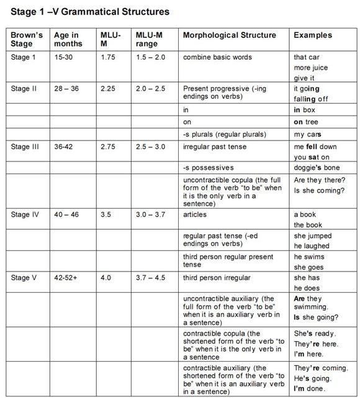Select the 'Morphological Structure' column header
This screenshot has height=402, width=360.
point(229,35)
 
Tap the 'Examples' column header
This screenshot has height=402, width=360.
point(313,35)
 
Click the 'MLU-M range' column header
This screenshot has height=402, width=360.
point(150,40)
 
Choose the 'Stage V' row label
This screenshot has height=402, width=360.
point(24,278)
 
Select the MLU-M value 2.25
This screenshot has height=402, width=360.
point(108,89)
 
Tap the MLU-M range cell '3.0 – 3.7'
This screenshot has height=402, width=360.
point(150,214)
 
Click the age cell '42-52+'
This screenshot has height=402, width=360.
point(67,278)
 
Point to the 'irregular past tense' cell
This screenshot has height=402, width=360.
point(215,147)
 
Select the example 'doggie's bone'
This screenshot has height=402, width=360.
point(317,168)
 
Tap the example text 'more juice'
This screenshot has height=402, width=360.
point(311,68)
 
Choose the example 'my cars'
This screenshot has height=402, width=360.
point(308,134)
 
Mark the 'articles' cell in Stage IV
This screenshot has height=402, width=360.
point(195,214)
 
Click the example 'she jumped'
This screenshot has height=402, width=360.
point(313,236)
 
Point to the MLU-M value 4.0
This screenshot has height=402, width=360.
point(106,278)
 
